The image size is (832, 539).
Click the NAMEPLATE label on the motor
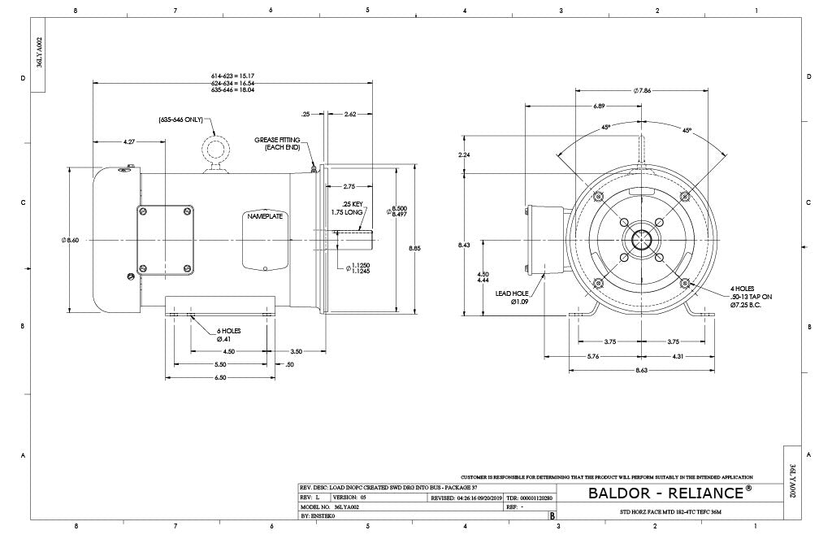point(263,216)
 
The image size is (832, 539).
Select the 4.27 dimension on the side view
point(129,142)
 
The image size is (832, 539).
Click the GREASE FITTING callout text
point(277,144)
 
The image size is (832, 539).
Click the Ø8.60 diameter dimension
point(71,240)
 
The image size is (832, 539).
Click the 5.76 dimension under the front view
point(593,356)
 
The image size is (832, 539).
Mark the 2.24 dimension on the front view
point(464,154)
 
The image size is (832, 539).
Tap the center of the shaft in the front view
point(641,241)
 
